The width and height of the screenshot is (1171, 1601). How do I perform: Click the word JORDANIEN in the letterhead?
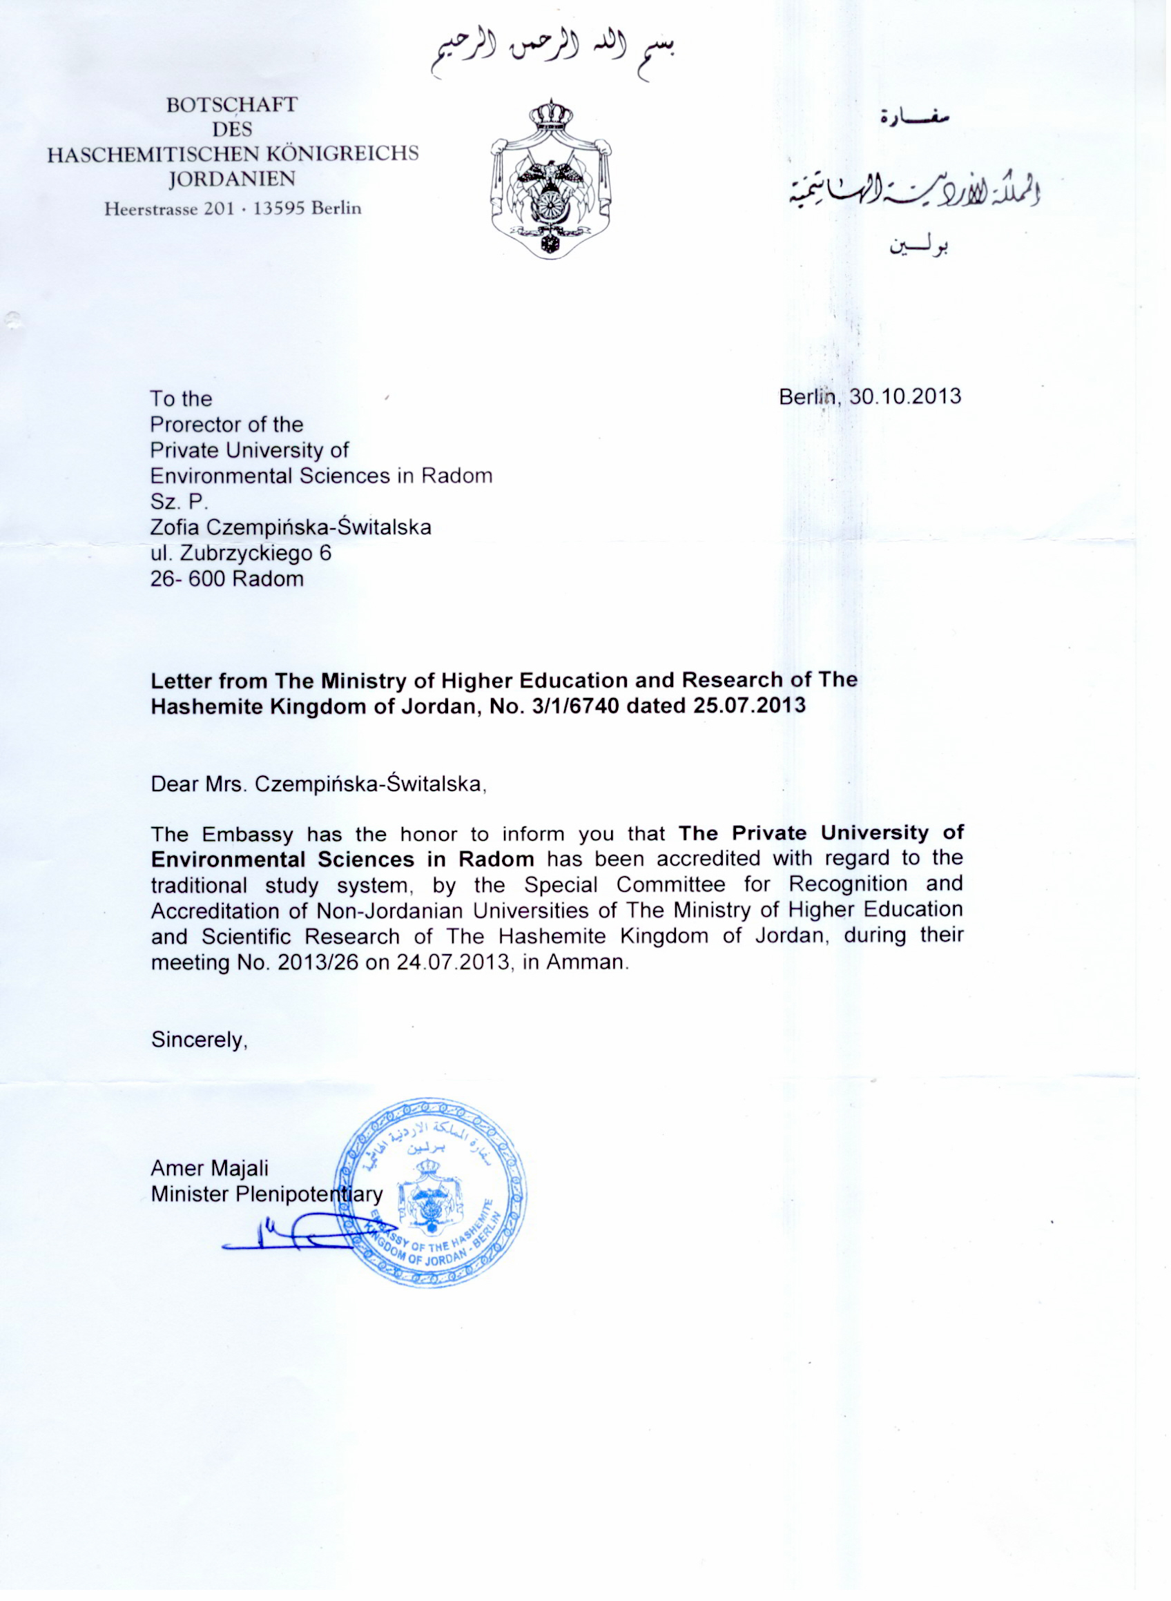tap(233, 179)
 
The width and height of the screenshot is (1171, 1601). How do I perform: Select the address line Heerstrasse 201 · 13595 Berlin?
tap(233, 209)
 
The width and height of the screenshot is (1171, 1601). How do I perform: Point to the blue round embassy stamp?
tap(430, 1192)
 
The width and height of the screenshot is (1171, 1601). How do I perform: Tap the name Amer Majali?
tap(209, 1168)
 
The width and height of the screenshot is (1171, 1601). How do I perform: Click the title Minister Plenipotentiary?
tap(267, 1194)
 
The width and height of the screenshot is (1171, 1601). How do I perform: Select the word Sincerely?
tap(198, 1040)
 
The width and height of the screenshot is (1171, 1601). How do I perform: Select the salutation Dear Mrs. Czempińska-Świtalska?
tap(318, 784)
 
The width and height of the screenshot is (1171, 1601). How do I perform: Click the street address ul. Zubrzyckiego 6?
tap(240, 553)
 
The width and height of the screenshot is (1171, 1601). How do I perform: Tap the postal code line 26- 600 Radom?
tap(227, 579)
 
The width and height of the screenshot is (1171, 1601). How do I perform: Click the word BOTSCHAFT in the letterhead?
tap(232, 105)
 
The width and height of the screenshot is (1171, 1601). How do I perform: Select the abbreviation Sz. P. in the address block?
tap(179, 502)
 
